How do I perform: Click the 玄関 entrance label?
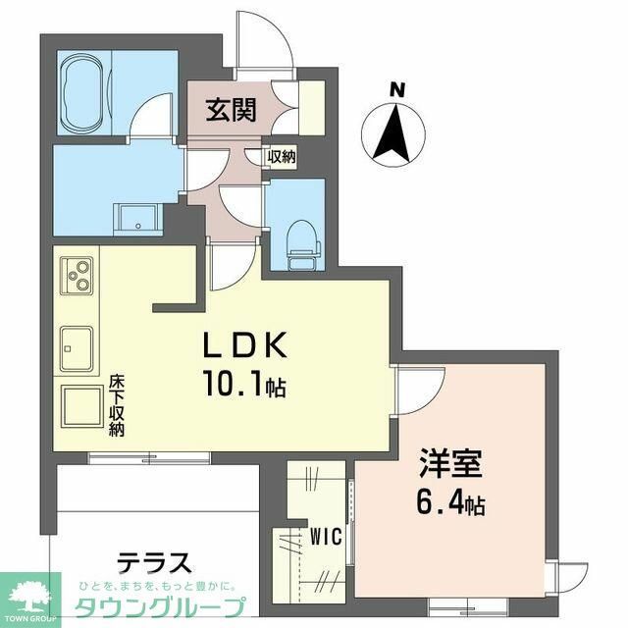tap(231, 111)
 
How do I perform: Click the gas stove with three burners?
tap(77, 275)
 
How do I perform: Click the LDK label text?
tap(244, 347)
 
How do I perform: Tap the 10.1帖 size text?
tap(245, 386)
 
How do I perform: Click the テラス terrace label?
tap(154, 563)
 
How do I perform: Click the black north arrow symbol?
tap(397, 132)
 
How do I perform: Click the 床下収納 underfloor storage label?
tap(116, 404)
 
